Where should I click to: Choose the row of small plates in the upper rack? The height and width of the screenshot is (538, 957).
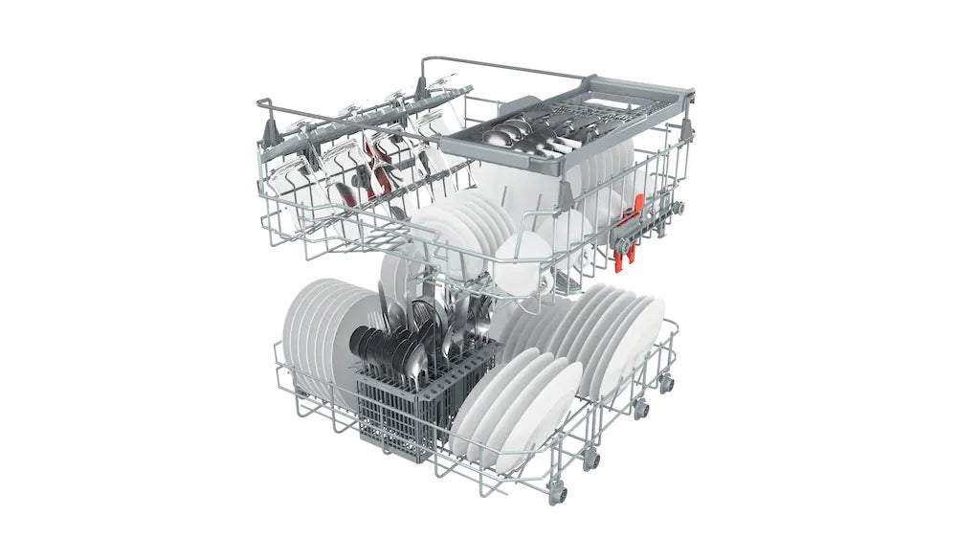[459, 230]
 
